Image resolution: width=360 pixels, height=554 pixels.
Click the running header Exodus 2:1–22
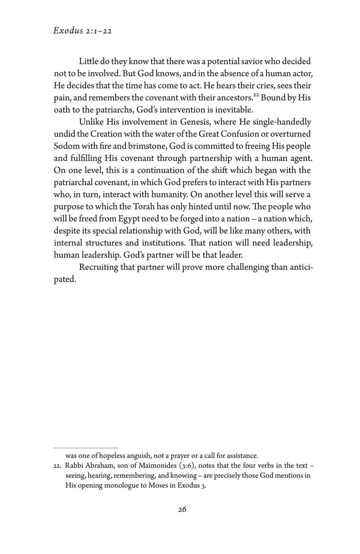point(82,32)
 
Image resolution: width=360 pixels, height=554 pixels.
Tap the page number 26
point(182,509)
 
